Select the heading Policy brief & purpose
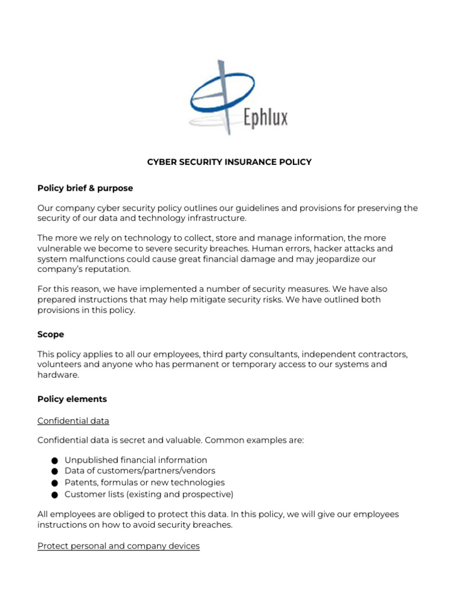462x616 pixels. tap(85, 188)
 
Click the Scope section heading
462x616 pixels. tap(51, 334)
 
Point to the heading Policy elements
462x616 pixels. tap(72, 399)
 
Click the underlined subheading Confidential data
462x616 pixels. tap(73, 420)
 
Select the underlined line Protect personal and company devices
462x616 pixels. tap(119, 546)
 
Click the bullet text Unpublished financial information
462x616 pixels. tap(136, 460)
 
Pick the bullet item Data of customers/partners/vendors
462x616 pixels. tap(140, 471)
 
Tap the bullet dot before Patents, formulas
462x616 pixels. tap(54, 483)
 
